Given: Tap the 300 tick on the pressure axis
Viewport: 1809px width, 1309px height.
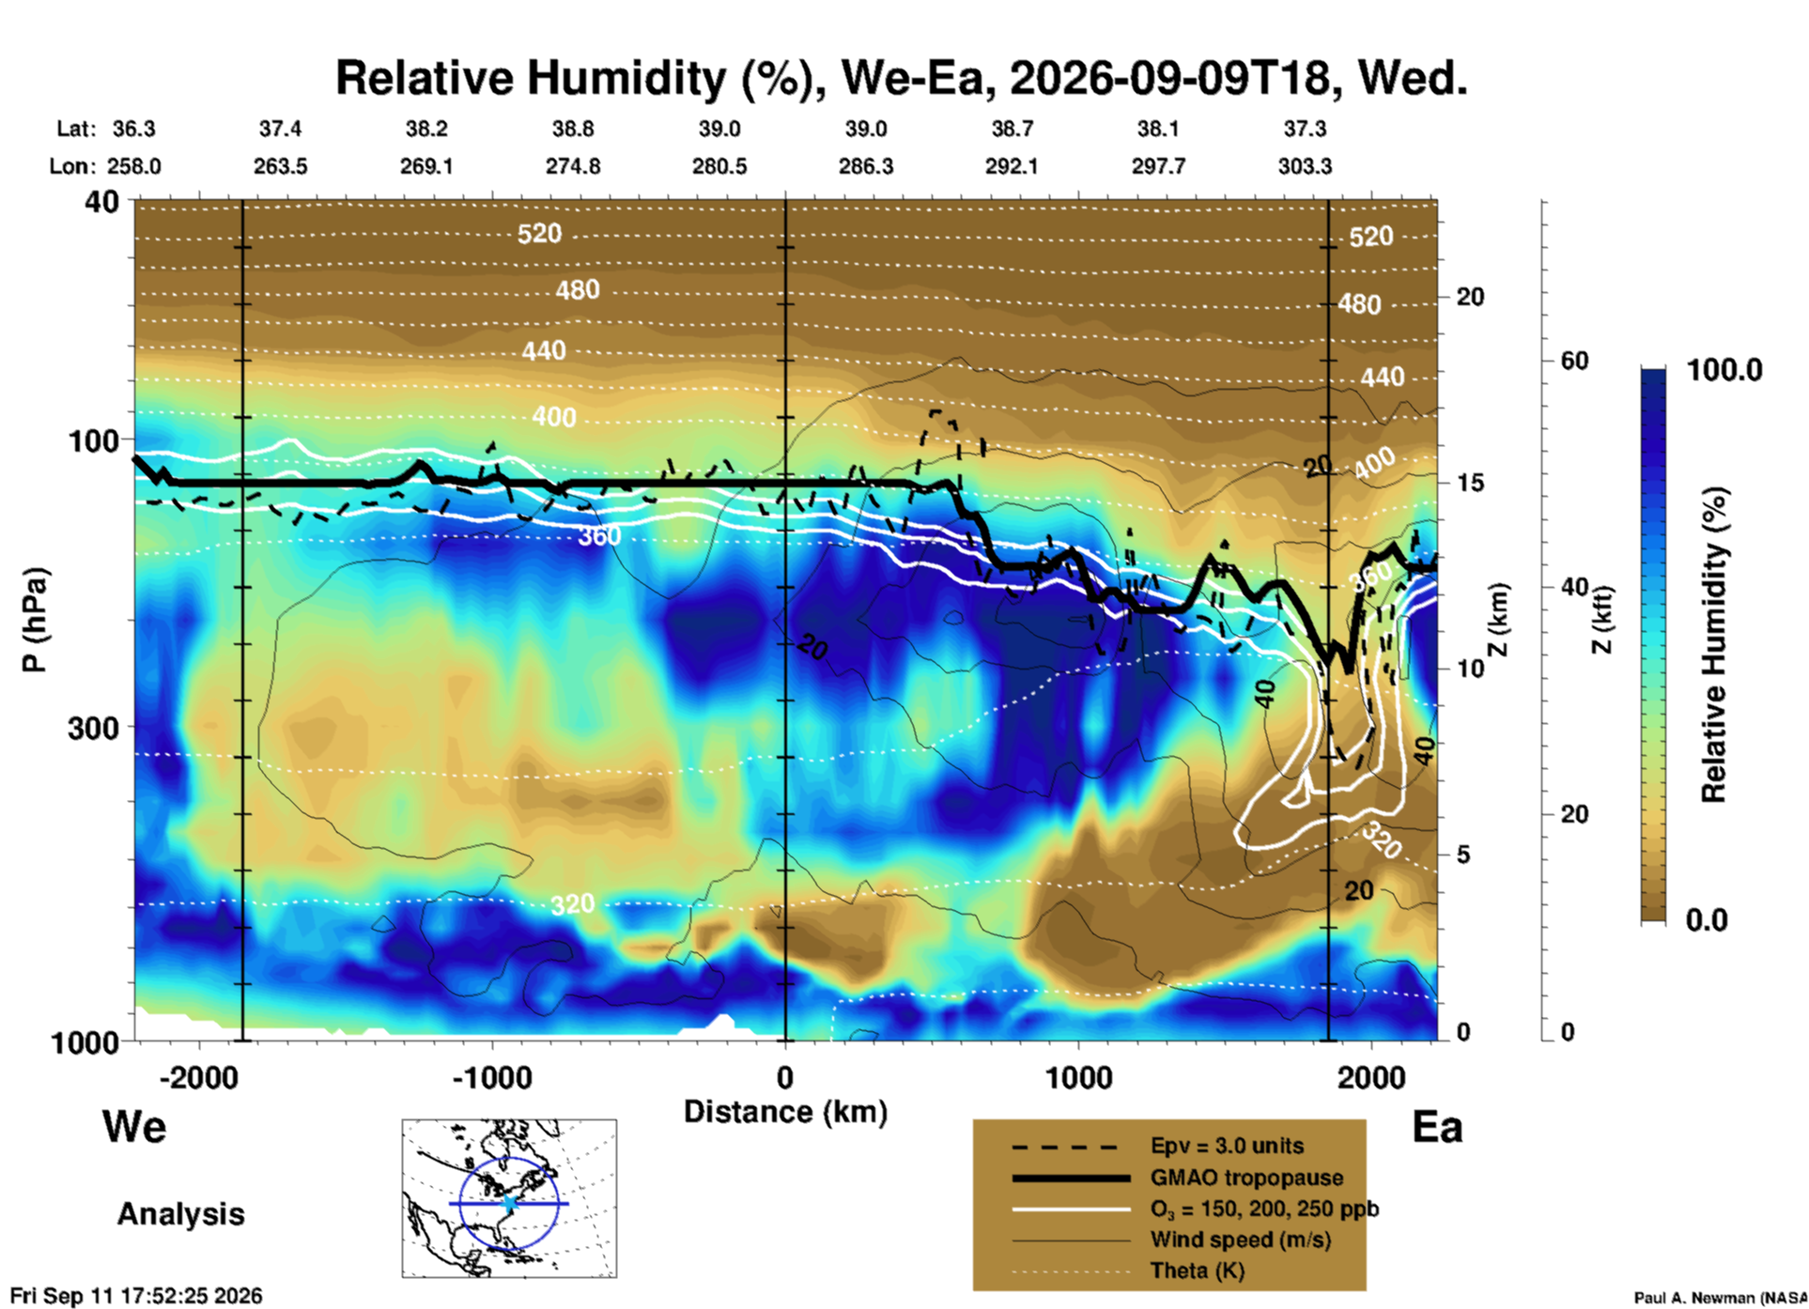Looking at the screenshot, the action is [93, 728].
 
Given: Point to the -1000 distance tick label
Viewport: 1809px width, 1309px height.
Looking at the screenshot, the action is [492, 1077].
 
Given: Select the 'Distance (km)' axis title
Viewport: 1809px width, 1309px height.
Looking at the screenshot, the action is [785, 1112].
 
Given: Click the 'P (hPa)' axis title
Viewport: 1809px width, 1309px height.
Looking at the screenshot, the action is [34, 621].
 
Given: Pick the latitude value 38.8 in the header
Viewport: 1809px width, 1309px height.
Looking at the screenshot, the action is [572, 129].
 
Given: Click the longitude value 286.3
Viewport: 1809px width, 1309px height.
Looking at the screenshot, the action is [866, 166].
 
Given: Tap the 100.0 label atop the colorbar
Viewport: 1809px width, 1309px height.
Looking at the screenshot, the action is [1724, 370].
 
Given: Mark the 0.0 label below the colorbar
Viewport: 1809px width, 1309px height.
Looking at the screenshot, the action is [1707, 919].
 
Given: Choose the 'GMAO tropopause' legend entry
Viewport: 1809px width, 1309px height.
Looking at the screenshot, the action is [1246, 1178].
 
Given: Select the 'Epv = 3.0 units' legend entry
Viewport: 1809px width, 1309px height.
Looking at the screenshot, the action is [1227, 1146].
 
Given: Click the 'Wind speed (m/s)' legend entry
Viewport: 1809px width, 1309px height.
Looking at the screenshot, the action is [1240, 1240].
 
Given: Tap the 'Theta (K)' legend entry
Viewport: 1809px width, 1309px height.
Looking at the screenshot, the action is [1198, 1270].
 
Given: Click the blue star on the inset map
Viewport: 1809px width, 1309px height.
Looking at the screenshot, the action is [510, 1203].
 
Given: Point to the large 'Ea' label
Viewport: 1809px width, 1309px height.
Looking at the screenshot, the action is [1437, 1127].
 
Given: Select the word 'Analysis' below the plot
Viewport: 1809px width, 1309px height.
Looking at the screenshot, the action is [180, 1213].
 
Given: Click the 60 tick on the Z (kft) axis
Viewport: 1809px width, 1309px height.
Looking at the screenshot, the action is [1574, 361].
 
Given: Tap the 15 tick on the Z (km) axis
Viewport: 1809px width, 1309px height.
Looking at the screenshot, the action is [1470, 483].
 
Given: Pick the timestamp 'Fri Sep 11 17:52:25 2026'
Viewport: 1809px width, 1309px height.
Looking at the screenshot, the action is [136, 1296].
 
